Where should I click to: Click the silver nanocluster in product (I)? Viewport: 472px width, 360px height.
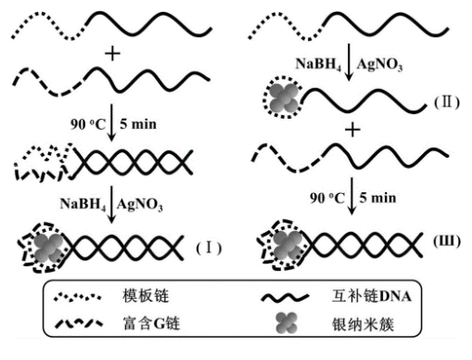point(47,246)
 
